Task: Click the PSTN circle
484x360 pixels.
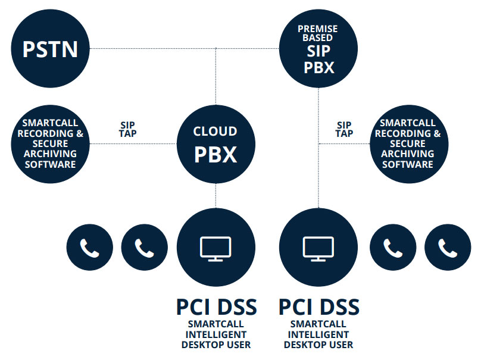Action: click(x=50, y=48)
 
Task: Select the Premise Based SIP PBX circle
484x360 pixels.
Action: click(x=318, y=49)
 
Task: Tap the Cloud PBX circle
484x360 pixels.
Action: click(x=216, y=143)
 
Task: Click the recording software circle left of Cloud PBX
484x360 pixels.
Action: click(x=50, y=143)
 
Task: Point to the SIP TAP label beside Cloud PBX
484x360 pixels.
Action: click(x=127, y=130)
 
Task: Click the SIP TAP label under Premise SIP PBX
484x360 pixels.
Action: click(x=344, y=129)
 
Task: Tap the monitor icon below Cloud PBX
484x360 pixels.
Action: click(x=216, y=248)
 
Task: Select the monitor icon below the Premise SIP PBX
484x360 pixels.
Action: click(x=318, y=248)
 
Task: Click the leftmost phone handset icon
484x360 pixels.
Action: click(x=89, y=248)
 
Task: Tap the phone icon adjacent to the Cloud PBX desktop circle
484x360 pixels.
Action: click(x=144, y=248)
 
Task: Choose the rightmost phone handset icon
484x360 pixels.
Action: click(x=447, y=248)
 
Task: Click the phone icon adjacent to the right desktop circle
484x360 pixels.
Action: click(x=392, y=248)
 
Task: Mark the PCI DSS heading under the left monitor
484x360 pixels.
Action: click(x=216, y=307)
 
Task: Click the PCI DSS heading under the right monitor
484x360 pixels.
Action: click(x=318, y=307)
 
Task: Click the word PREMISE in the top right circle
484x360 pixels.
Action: click(x=318, y=29)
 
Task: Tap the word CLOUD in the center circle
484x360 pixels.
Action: click(x=216, y=131)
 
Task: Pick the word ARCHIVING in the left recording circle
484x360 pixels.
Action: click(x=50, y=154)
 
